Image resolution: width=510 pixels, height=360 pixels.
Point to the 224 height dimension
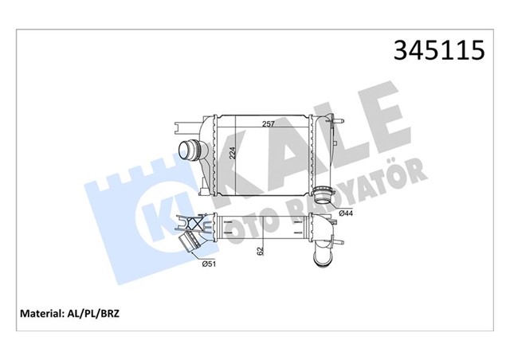[x=232, y=155]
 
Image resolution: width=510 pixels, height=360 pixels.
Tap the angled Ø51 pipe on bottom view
[x=192, y=245]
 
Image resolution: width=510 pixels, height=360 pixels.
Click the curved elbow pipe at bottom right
[x=326, y=253]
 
